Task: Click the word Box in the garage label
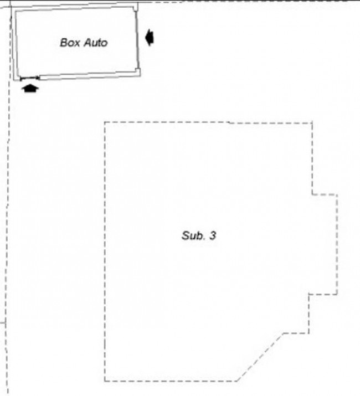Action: click(x=70, y=43)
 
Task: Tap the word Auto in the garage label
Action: click(x=96, y=43)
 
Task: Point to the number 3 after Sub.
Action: click(x=213, y=235)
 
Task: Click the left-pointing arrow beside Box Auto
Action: click(x=150, y=38)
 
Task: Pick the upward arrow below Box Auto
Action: click(x=30, y=89)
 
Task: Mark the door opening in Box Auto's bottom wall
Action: click(x=30, y=78)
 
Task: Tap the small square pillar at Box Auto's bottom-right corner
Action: click(x=137, y=70)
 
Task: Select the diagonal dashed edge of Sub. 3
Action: click(x=260, y=357)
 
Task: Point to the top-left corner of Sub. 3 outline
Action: click(x=105, y=122)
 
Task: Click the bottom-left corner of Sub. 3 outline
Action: click(x=105, y=381)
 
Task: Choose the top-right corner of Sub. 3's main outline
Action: click(x=312, y=123)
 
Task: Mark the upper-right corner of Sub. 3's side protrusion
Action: click(x=337, y=195)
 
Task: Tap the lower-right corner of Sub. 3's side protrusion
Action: click(x=337, y=294)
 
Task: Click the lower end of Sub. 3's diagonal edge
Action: click(x=237, y=381)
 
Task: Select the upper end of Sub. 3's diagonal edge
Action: click(x=284, y=333)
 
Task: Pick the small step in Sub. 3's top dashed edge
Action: click(x=229, y=123)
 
